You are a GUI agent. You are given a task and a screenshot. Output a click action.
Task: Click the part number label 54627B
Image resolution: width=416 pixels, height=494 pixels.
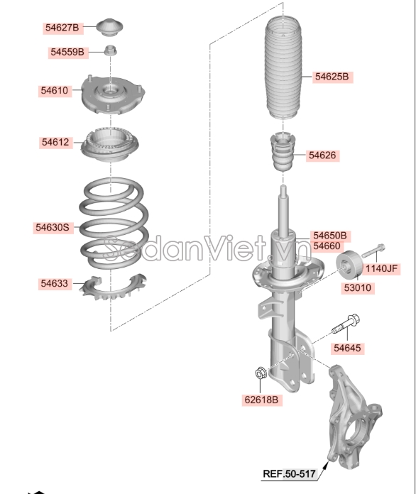62,28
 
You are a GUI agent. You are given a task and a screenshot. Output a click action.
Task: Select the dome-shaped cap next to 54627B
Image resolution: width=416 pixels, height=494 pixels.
109,28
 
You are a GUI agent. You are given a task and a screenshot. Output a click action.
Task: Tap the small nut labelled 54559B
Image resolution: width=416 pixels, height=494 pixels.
111,50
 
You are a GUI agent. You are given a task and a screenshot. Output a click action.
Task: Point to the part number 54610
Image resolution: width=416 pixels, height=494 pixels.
55,91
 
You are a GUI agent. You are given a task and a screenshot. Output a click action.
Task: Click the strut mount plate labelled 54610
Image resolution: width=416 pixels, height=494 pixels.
113,94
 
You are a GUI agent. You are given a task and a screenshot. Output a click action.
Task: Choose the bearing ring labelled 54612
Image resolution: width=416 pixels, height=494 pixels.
109,145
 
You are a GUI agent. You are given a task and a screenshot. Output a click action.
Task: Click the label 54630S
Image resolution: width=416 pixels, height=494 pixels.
53,227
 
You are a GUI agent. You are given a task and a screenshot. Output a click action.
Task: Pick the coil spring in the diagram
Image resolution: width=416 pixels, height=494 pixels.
114,223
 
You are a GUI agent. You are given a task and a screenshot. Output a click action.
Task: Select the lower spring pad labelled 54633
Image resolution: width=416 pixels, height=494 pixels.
112,287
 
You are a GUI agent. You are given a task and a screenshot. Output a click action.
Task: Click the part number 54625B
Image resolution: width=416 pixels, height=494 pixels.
332,77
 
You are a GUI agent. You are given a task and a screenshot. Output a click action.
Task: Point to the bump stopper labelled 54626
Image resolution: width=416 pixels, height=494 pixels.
283,152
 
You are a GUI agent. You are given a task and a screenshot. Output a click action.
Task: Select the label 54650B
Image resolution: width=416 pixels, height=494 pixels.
330,236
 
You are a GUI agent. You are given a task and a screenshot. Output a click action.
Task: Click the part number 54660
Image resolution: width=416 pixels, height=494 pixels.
327,246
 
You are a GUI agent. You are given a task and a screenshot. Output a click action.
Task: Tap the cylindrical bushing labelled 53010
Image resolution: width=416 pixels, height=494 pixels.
349,265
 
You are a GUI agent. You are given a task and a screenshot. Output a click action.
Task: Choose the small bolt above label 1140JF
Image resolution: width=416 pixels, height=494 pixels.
373,251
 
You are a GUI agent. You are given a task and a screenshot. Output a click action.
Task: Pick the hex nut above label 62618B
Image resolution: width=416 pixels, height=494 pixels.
261,373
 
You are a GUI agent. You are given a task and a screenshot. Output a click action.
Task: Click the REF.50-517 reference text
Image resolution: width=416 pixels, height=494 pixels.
289,473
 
